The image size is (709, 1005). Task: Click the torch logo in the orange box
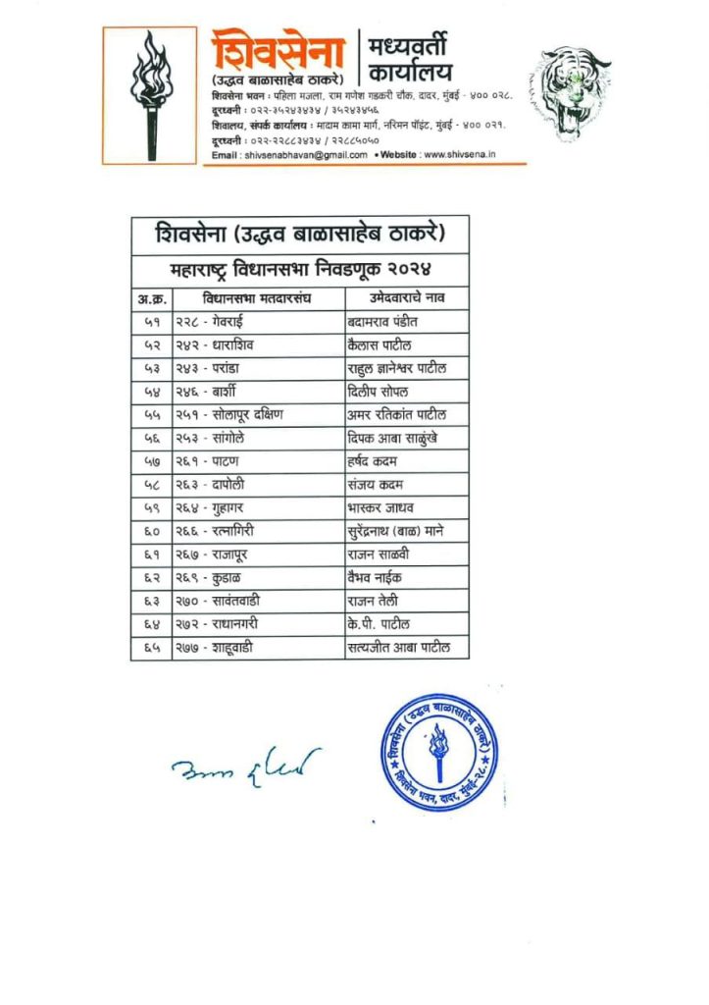point(151,95)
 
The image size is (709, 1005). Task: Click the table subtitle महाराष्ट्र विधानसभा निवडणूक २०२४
point(299,268)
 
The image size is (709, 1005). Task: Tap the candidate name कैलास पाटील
point(380,344)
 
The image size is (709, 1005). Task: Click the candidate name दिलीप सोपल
point(378,391)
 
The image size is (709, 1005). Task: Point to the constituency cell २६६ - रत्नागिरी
point(218,531)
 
